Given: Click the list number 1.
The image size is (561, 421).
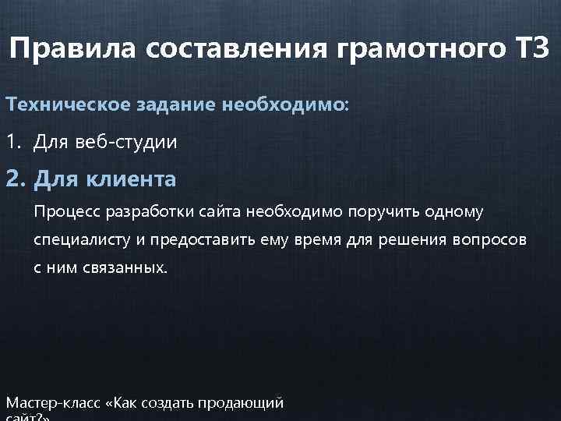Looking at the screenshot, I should coord(11,143).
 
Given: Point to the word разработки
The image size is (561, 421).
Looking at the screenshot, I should coord(150,211).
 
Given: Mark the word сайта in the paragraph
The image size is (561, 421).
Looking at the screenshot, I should coord(223,211).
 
